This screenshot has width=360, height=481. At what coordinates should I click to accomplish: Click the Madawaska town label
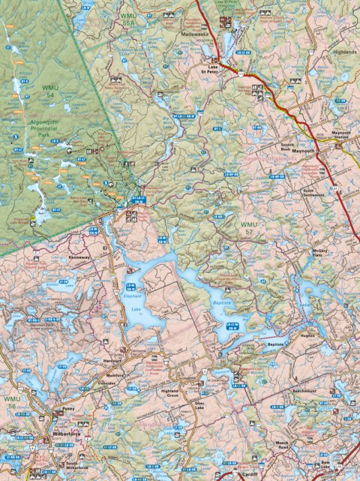pos(195,34)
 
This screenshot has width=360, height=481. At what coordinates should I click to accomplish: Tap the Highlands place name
pos(345,53)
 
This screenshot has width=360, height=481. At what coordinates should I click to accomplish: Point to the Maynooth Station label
pos(340,137)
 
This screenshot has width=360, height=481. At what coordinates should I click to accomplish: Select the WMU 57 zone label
pos(248,229)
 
